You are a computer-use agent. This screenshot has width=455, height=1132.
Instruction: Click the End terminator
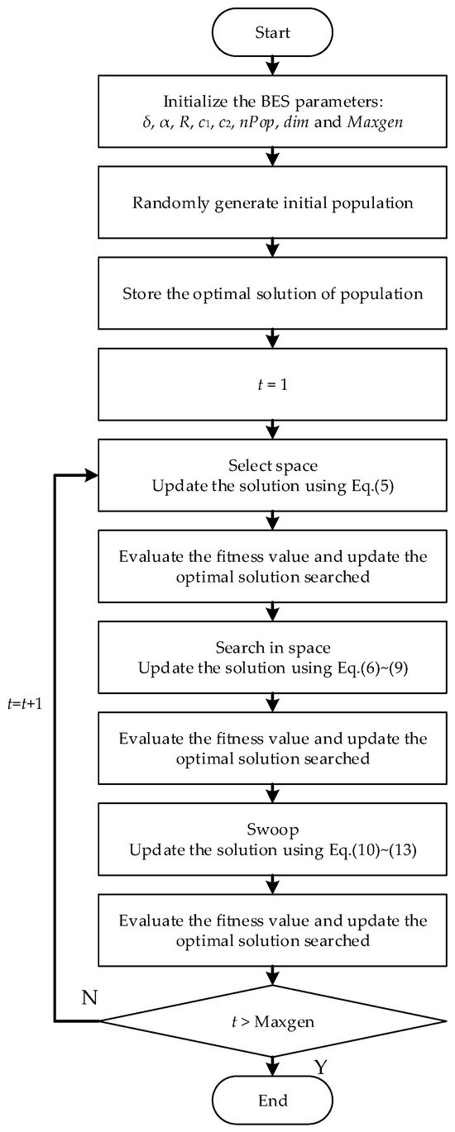coord(272,1101)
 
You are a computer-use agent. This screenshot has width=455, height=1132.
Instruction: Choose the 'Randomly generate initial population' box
coord(272,205)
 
